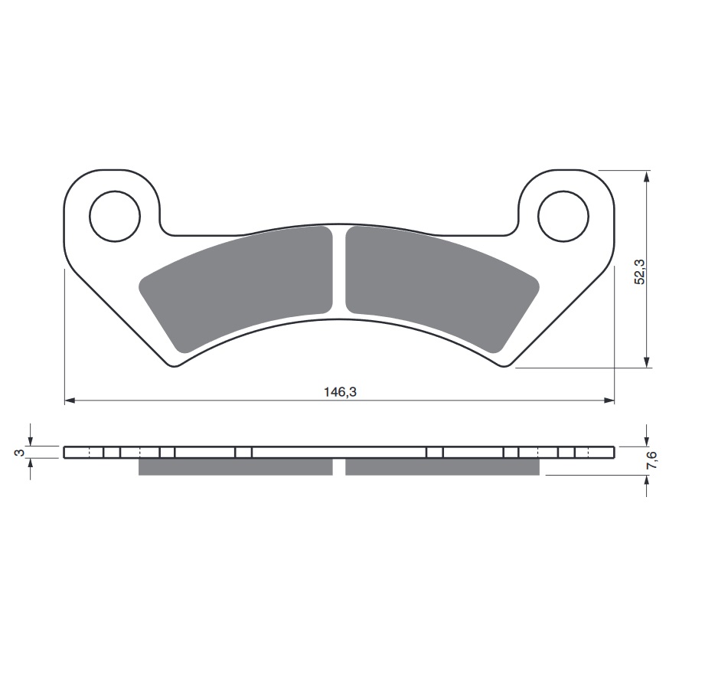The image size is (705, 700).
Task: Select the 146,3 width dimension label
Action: pos(341,392)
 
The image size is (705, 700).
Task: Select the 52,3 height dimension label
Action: pos(639,272)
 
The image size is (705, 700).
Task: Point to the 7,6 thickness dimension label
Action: pos(652,460)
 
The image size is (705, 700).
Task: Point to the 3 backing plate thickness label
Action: pos(19,453)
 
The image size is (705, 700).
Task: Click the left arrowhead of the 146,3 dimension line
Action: pos(70,400)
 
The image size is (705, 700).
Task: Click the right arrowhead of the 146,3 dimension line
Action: pos(609,400)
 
